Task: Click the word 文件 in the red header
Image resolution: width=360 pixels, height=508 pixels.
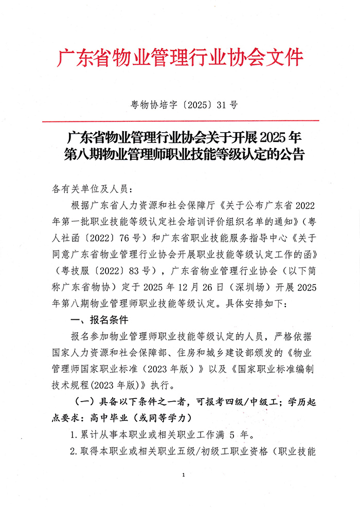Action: [x=285, y=58]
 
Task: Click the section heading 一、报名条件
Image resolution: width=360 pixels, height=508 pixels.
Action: [x=97, y=319]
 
